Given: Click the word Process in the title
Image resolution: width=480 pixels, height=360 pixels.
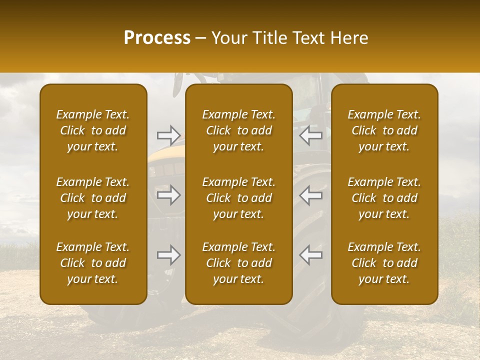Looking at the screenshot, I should coord(157,37).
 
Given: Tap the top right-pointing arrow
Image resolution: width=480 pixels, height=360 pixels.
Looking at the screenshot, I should coord(168,135).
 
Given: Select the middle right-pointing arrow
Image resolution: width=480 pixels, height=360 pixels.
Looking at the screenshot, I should coord(168,195).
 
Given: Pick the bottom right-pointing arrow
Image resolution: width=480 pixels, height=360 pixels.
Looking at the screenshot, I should coord(168,255).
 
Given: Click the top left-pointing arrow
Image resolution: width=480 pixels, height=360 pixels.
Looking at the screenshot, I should coord(311,135).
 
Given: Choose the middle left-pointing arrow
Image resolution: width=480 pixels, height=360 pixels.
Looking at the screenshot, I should coord(311,195).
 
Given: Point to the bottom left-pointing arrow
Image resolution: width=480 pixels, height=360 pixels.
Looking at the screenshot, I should coord(311,255).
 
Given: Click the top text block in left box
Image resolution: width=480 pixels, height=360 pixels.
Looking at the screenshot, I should coord(93,130).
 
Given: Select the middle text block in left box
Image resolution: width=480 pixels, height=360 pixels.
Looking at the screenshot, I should coord(93,198).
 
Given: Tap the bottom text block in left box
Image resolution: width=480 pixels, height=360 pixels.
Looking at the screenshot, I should coord(93,263).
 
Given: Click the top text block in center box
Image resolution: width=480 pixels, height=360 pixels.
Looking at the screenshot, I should coord(239,130).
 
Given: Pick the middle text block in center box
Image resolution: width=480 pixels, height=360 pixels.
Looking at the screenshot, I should coord(239,198).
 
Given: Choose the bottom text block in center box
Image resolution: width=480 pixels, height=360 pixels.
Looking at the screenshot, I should coord(239,263).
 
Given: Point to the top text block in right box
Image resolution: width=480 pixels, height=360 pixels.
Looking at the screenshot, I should coord(384,130).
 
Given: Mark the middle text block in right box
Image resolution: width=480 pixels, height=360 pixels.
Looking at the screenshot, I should coord(384,198).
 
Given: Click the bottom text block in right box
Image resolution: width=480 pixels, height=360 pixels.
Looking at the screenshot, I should coord(384,263).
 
